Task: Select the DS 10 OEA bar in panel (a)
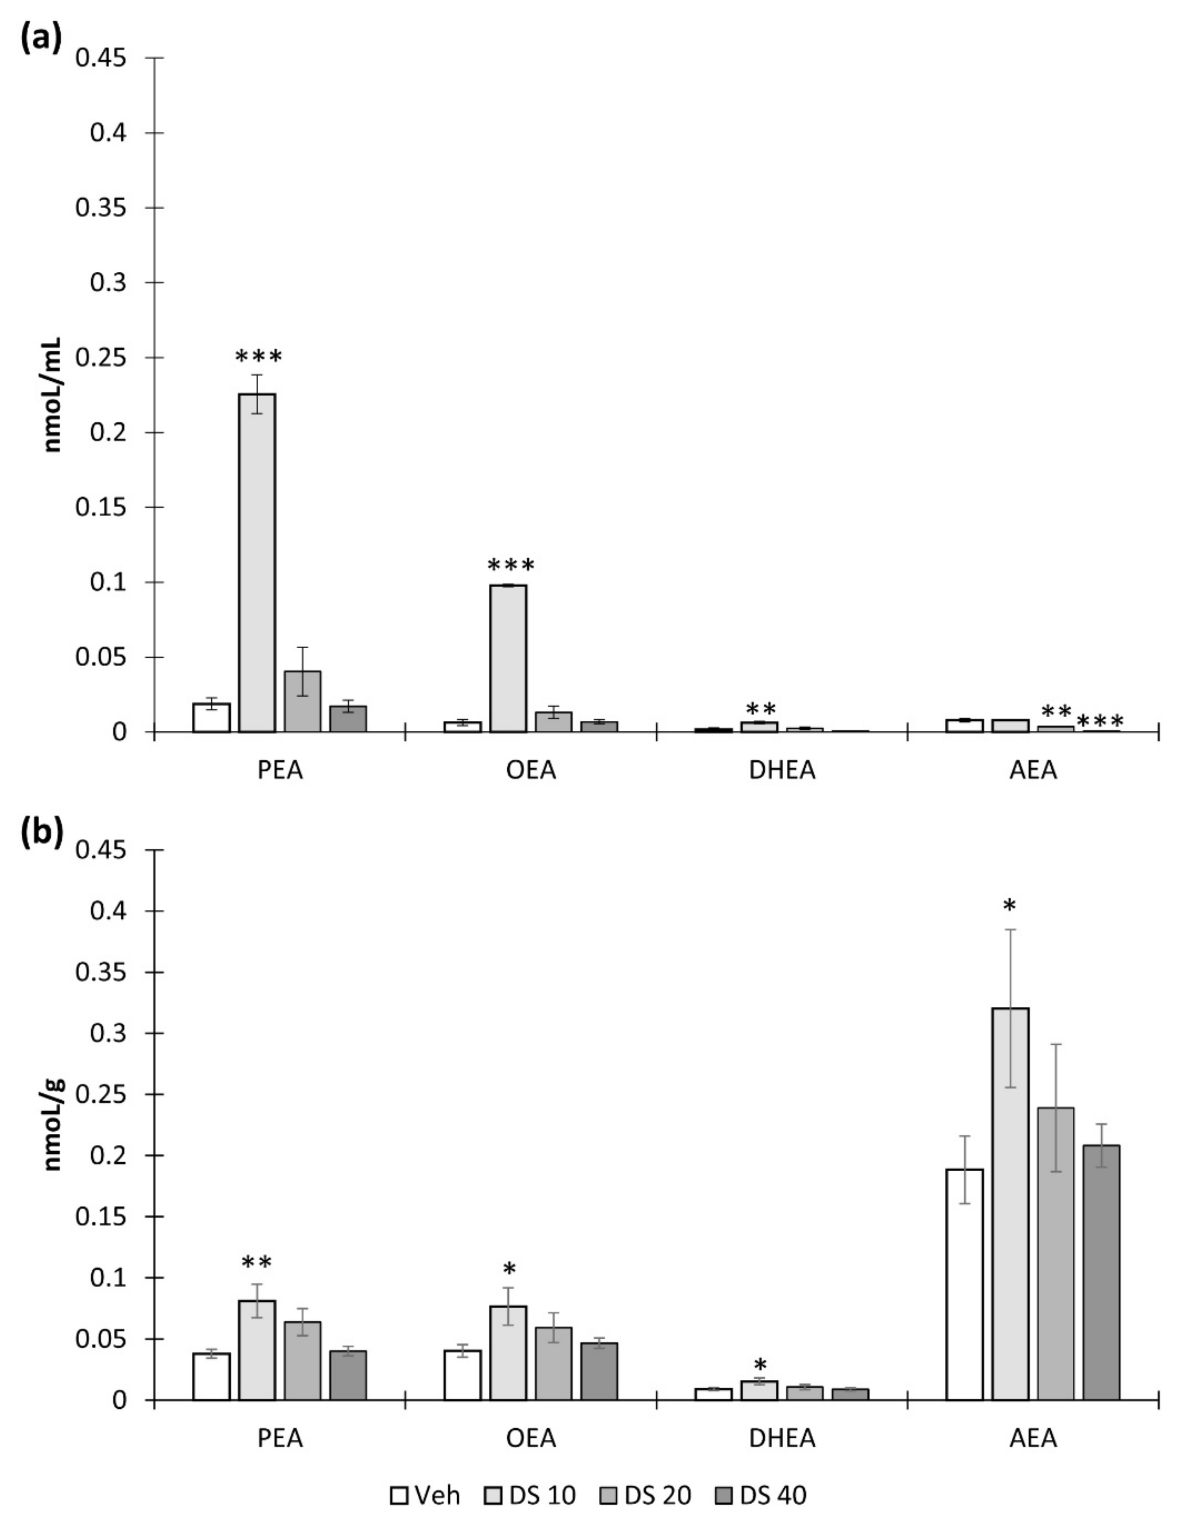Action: [508, 658]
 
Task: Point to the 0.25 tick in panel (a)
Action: [110, 358]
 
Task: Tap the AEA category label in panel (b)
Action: [1033, 1438]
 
